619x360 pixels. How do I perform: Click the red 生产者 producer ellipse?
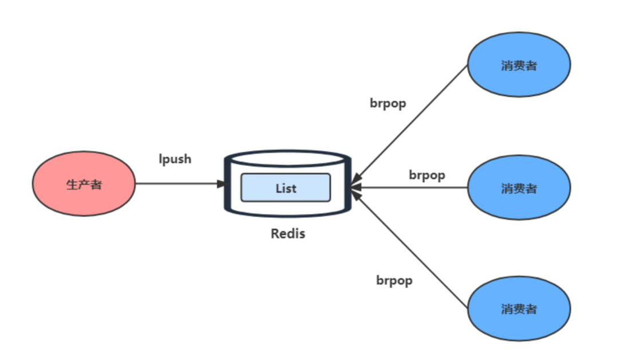[84, 185]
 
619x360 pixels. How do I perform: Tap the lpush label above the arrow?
[175, 159]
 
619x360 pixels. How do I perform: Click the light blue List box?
[285, 187]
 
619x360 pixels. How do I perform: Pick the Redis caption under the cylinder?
[288, 234]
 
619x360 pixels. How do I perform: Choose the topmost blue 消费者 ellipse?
[519, 65]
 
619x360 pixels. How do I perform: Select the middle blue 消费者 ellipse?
[519, 187]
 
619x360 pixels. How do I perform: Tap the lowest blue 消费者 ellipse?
[519, 309]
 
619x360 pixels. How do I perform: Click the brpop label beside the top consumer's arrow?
[387, 104]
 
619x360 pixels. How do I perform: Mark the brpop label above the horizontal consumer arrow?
[426, 175]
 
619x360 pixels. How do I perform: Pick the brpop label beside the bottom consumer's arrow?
[394, 280]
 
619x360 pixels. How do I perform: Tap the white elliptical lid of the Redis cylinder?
[287, 158]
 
